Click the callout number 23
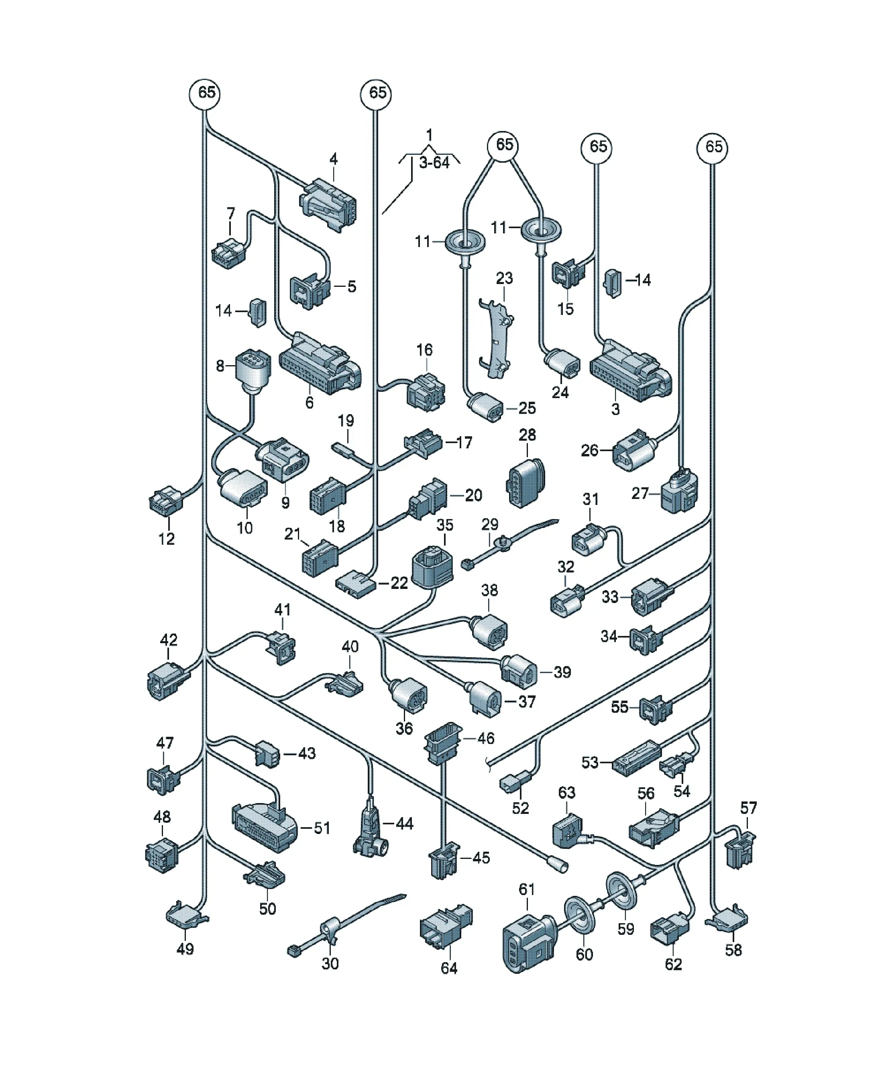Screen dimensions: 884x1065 point(504,278)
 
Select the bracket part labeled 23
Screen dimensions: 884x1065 point(496,339)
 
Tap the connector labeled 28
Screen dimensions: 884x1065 point(526,483)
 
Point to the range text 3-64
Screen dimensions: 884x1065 point(434,163)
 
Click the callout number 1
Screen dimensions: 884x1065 point(429,135)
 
